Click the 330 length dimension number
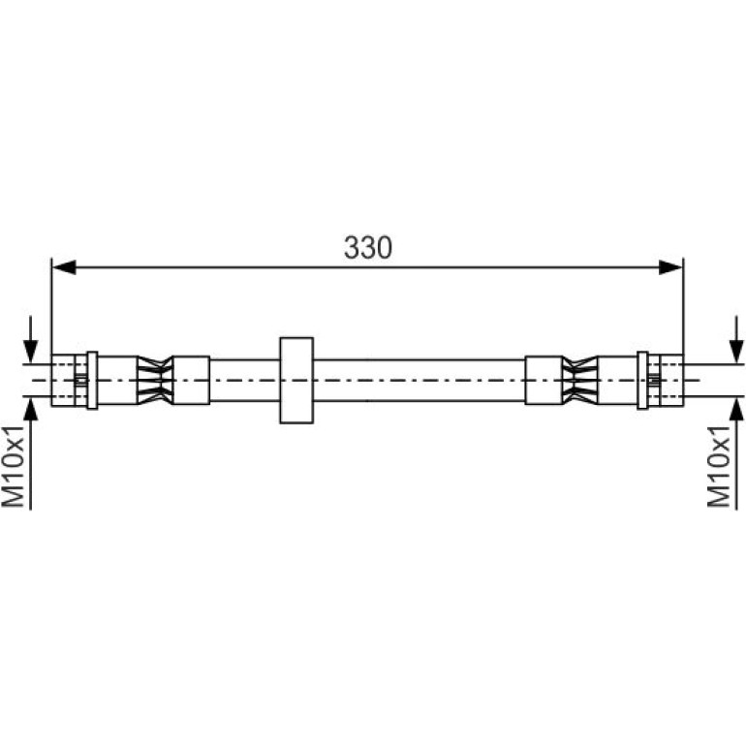[368, 247]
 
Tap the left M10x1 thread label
[13, 466]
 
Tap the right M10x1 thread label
[719, 466]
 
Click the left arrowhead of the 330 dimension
[64, 267]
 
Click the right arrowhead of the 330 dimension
[670, 267]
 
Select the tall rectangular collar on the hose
[296, 380]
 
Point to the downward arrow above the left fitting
[30, 339]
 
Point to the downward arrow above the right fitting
[736, 339]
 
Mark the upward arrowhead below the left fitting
[30, 410]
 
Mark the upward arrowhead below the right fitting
[736, 410]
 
